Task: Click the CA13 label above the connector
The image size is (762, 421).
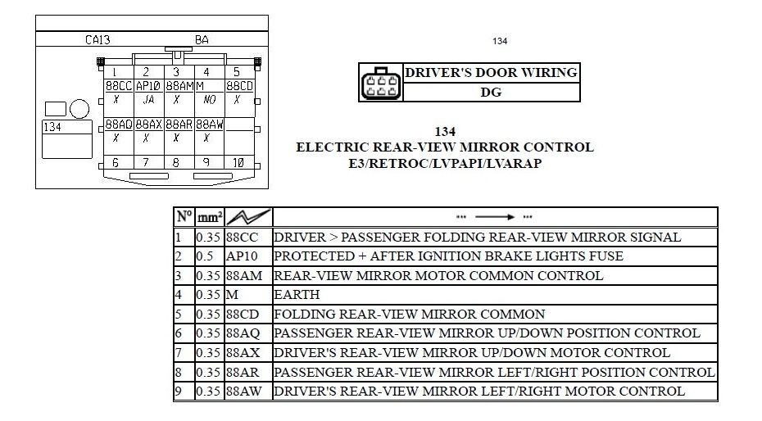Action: (98, 40)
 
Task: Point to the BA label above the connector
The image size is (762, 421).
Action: (202, 40)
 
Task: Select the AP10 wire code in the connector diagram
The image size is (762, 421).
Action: (148, 86)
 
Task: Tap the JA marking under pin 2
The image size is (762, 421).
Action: (148, 100)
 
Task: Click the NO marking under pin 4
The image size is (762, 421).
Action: (209, 100)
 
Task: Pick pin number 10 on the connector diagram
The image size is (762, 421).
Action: (238, 163)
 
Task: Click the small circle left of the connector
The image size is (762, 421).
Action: (79, 109)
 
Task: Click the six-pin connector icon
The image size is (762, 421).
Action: (381, 83)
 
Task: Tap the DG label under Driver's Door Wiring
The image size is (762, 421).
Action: (491, 93)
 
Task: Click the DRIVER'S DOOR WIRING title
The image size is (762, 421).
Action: (491, 72)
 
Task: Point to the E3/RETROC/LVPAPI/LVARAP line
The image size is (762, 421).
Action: (445, 163)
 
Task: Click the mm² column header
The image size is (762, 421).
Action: (210, 216)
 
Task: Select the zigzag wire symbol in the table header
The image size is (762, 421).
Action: (248, 217)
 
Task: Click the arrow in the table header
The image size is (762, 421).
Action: (495, 216)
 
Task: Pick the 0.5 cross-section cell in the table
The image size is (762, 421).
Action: (205, 256)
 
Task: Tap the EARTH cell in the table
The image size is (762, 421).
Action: (297, 294)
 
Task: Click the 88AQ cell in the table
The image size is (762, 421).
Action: (243, 333)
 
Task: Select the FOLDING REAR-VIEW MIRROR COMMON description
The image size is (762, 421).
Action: (409, 315)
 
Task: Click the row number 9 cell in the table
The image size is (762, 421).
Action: (178, 391)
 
